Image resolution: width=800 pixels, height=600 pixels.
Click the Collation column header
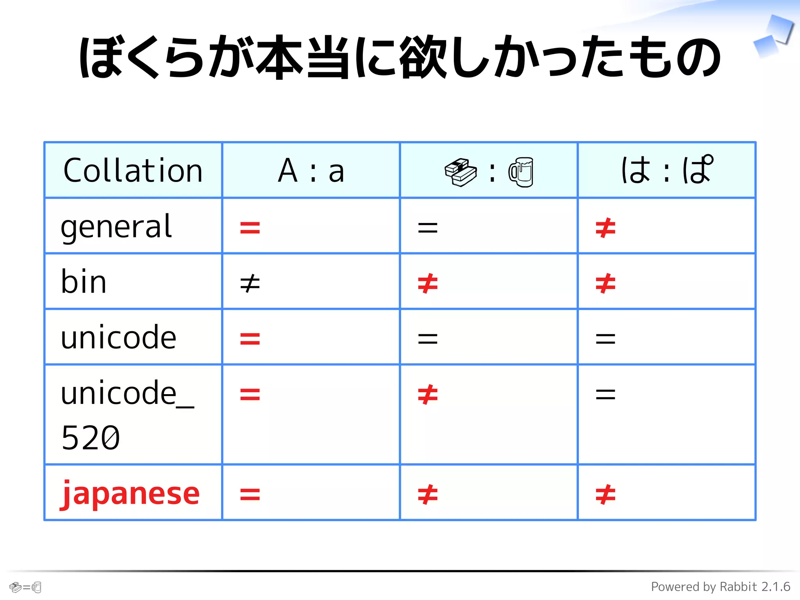[133, 171]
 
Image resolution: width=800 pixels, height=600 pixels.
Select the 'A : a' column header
[311, 171]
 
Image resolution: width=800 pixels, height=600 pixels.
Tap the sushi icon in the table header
[461, 172]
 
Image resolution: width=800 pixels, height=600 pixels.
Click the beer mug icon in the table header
[521, 172]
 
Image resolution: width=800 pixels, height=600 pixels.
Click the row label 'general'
[116, 227]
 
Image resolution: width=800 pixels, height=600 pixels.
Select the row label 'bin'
[84, 282]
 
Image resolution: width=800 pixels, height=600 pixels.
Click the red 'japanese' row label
[130, 494]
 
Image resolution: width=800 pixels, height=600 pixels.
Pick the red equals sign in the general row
[250, 228]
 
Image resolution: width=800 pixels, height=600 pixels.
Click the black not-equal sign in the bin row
[250, 283]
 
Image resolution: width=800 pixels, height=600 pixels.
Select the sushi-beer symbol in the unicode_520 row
[428, 395]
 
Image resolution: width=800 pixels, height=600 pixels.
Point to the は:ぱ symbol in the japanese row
[605, 495]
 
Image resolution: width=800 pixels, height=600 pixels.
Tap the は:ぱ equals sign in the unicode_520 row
[605, 395]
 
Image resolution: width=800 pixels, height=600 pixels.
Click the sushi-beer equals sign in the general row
[428, 228]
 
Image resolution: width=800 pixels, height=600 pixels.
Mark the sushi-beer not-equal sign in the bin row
[428, 283]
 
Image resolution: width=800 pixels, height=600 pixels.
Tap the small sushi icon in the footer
[15, 587]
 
